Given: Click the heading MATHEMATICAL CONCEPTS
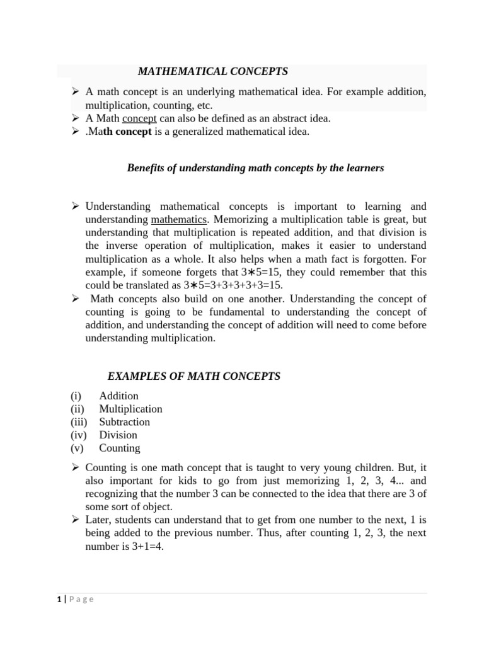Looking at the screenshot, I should point(213,72).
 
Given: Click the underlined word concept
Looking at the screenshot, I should point(139,118).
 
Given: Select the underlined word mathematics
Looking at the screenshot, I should point(179,220).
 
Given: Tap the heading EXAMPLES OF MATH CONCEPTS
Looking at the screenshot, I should point(194,377).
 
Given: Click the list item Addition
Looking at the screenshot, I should point(118,396).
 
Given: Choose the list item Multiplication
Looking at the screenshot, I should point(130,409).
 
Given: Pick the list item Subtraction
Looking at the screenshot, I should point(124,422).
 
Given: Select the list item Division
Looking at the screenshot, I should point(118,435).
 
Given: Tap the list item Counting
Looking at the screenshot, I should point(120,448).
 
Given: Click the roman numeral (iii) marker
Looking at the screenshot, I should point(79,422).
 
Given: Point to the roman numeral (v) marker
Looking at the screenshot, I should point(77,448).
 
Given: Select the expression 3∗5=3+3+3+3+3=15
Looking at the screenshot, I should point(233,285).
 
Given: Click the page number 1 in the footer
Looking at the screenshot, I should point(59,600).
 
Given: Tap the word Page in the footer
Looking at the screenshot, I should point(81,600).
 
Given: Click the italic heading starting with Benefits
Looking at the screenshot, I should point(255,168).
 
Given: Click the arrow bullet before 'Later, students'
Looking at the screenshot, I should point(75,520).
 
